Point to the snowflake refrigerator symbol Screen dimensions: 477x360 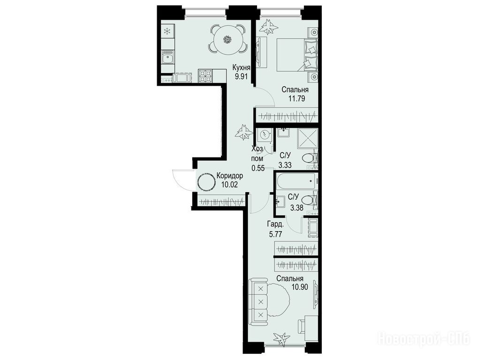tap(167, 31)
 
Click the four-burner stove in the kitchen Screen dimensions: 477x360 tap(205, 76)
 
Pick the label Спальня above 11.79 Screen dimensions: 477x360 tap(295, 90)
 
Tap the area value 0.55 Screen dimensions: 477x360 tap(258, 168)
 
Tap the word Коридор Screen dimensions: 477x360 tap(230, 176)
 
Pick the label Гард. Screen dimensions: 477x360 tap(276, 225)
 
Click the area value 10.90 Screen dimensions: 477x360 tap(300, 287)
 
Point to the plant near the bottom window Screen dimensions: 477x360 tap(281, 338)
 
